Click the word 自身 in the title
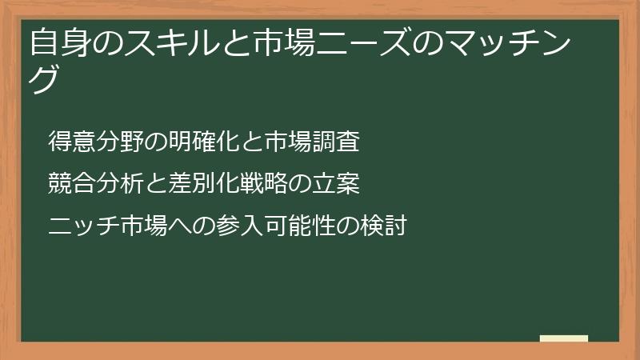[x=58, y=42]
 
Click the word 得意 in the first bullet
[x=70, y=142]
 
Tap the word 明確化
[x=204, y=142]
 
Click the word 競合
[x=70, y=184]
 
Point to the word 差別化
[x=204, y=184]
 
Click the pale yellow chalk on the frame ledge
[x=564, y=338]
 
